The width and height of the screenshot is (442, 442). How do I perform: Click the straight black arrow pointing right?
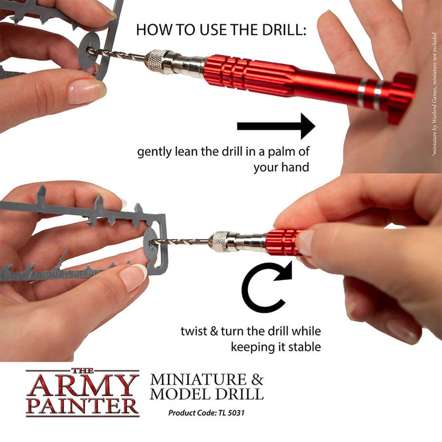(x=276, y=127)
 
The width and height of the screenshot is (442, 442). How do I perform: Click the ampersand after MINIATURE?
(x=257, y=380)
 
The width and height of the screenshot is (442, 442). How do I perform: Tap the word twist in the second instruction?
(x=191, y=331)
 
